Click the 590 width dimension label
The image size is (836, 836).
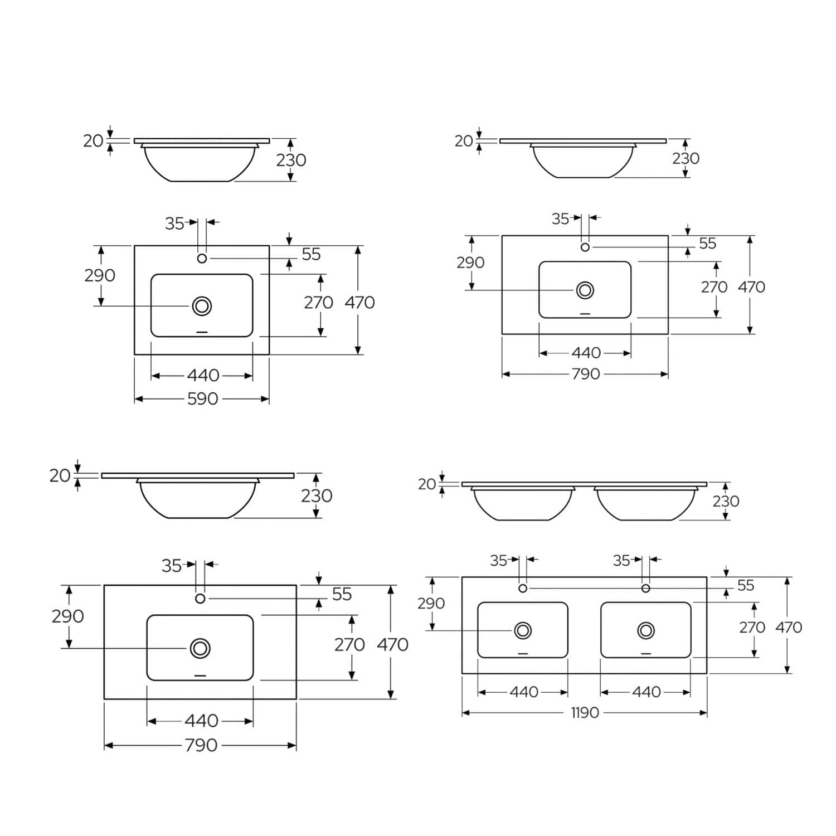tap(202, 399)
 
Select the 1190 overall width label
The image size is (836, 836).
tap(585, 713)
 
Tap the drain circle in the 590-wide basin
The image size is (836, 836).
tap(202, 306)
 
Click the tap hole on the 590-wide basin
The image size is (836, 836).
tap(202, 259)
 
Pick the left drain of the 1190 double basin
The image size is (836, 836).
tap(523, 630)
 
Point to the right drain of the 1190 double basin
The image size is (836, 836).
tap(646, 630)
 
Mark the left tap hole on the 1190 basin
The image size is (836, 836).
tap(523, 589)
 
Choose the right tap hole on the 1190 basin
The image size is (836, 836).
tap(646, 589)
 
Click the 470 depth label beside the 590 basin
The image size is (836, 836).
tap(359, 303)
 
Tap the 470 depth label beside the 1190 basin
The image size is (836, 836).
tap(789, 628)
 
